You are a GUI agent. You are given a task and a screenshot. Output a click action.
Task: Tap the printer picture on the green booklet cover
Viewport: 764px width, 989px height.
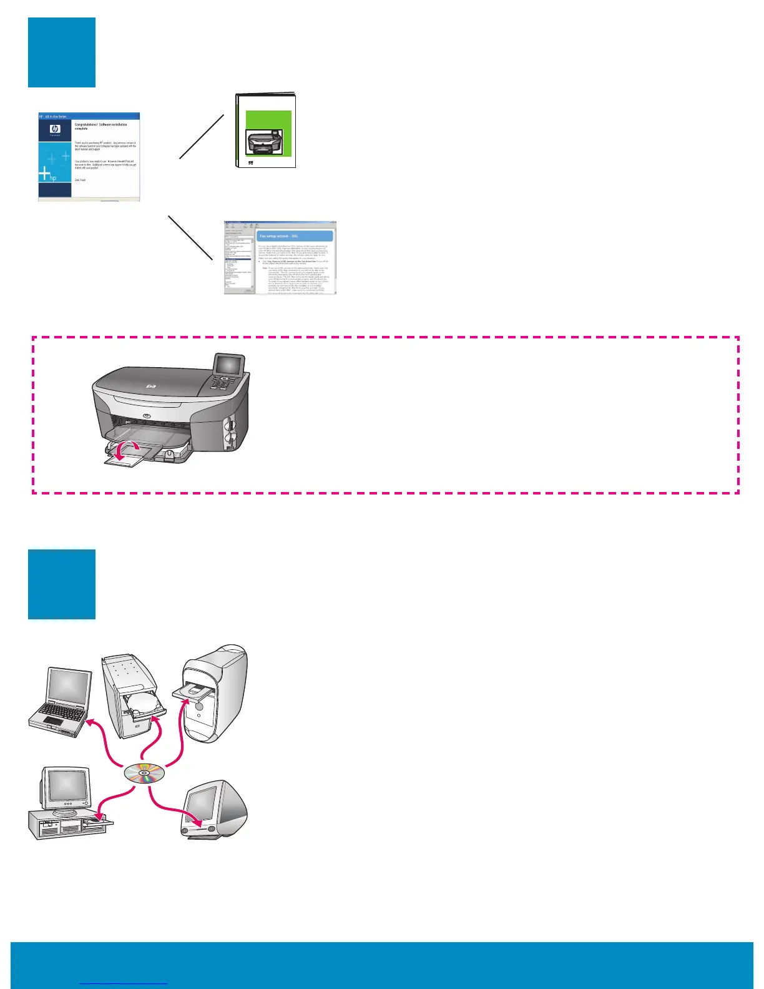coord(265,142)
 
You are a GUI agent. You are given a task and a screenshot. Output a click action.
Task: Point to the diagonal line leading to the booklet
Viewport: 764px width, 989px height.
coord(202,137)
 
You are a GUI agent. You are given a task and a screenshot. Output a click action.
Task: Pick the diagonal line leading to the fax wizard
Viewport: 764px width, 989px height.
coord(190,239)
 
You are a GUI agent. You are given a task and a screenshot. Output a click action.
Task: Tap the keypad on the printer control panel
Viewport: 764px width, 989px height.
coord(222,382)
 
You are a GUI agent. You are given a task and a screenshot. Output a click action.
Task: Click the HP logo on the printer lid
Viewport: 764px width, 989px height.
coord(150,387)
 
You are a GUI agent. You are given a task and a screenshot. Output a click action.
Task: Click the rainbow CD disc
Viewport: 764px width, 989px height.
coord(145,775)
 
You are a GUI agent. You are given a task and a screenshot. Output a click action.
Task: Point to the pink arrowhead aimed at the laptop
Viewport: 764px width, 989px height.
coord(91,723)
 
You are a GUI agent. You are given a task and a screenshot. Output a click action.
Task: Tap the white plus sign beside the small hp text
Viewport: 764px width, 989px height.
coord(45,174)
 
